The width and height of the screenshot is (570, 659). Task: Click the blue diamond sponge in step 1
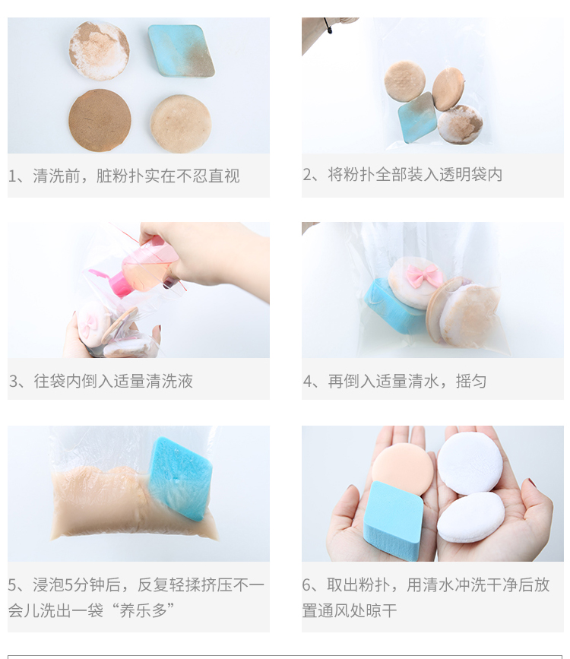(x=181, y=51)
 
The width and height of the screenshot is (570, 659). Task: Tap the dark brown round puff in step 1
(x=100, y=120)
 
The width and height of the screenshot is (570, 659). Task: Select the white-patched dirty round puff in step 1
(x=100, y=50)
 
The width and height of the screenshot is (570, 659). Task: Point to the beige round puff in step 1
(x=181, y=124)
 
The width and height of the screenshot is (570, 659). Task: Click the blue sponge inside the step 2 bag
(x=417, y=118)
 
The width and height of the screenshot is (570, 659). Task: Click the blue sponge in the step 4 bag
(x=393, y=307)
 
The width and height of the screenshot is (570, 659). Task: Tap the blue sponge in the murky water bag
(x=180, y=478)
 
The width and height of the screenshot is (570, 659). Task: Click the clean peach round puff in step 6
(x=402, y=467)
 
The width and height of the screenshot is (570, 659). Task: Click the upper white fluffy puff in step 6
(x=470, y=463)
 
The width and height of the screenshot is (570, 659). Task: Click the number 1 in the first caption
(x=13, y=176)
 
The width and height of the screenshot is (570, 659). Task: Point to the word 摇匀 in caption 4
(x=471, y=382)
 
